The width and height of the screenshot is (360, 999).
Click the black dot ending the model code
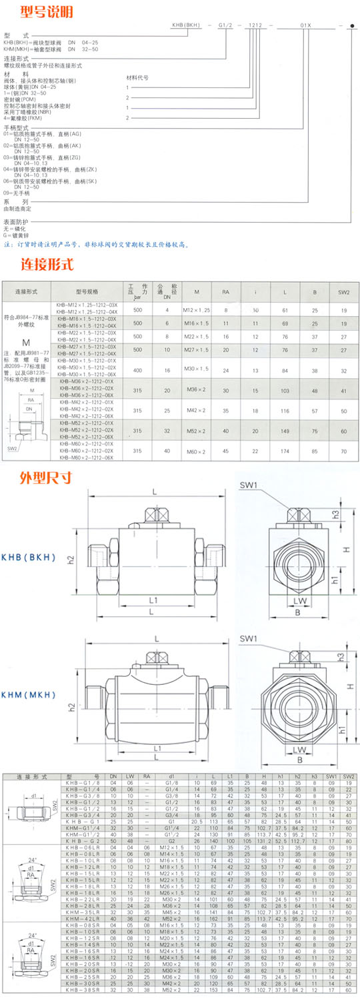point(351,25)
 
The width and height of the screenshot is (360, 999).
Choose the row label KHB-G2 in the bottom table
point(83,842)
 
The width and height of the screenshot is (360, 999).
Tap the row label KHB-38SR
point(83,992)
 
